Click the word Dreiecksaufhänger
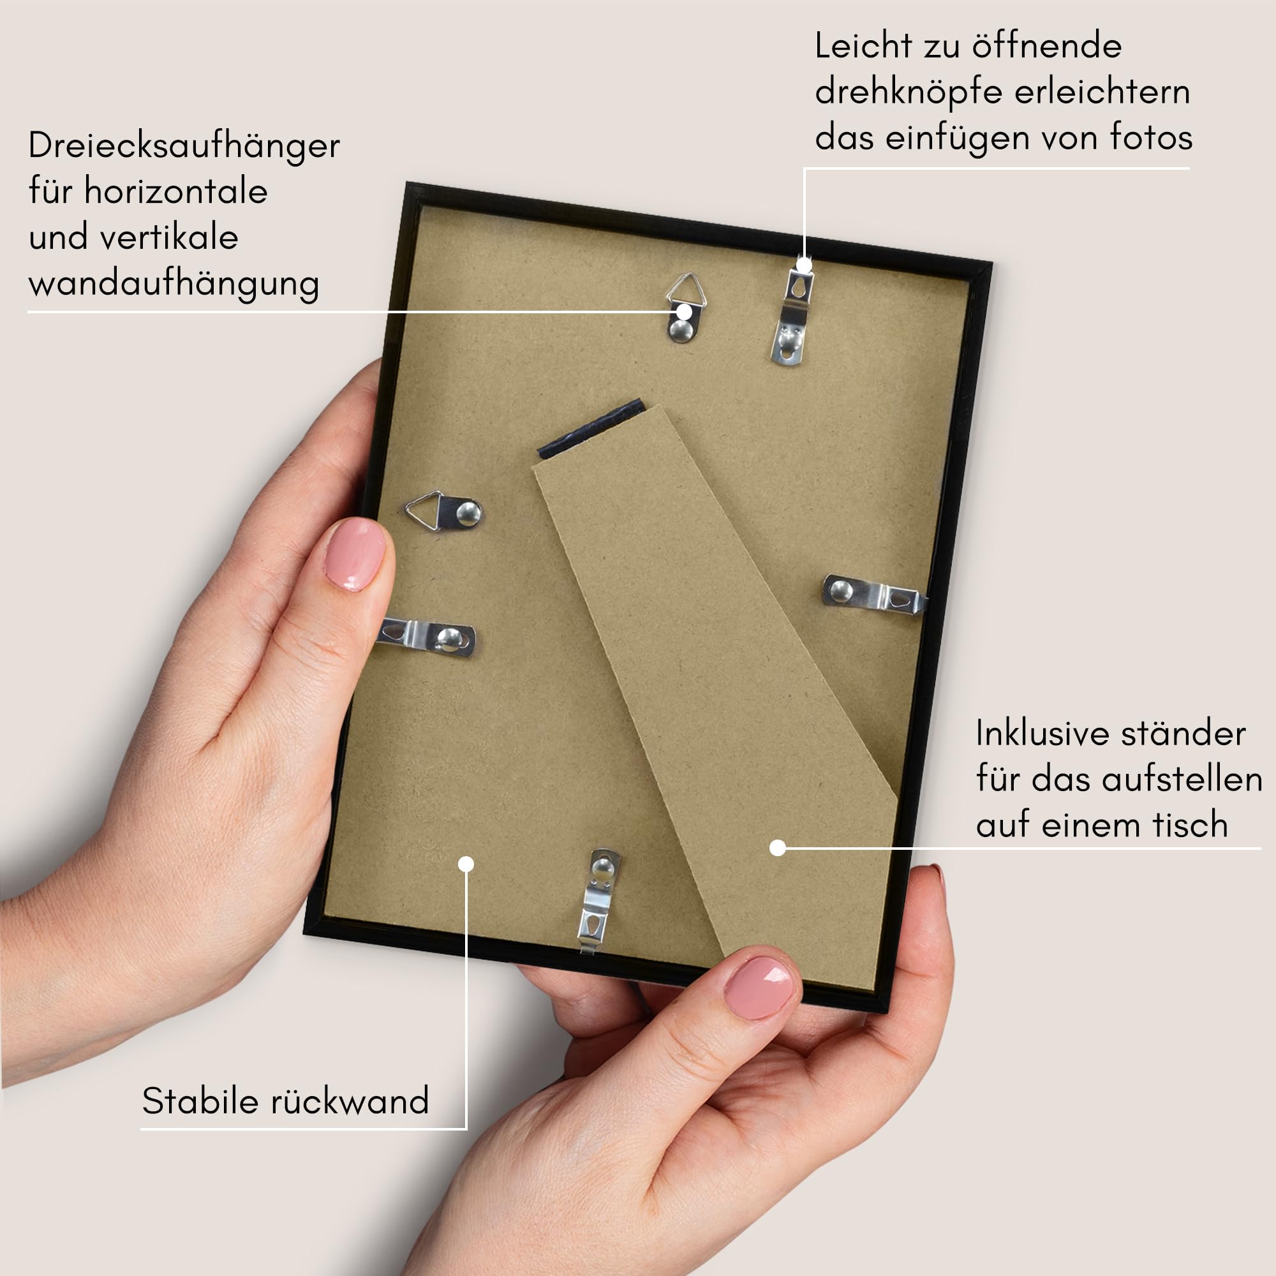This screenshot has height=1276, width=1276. point(184,146)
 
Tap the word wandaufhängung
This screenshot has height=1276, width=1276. point(174,285)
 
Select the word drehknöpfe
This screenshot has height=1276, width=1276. point(909,93)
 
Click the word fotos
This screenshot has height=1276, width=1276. point(1151,137)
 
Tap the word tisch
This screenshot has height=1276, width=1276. point(1190,825)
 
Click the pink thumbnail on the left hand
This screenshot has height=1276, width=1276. point(355,553)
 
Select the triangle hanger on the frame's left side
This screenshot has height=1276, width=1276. point(443,510)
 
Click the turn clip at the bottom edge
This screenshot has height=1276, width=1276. point(598,901)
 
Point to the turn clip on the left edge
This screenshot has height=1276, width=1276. point(427,637)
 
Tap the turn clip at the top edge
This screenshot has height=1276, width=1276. point(792,311)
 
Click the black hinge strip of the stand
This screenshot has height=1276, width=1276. point(591,429)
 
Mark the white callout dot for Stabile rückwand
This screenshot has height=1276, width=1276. point(466,864)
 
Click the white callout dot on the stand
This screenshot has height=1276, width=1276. point(778,847)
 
